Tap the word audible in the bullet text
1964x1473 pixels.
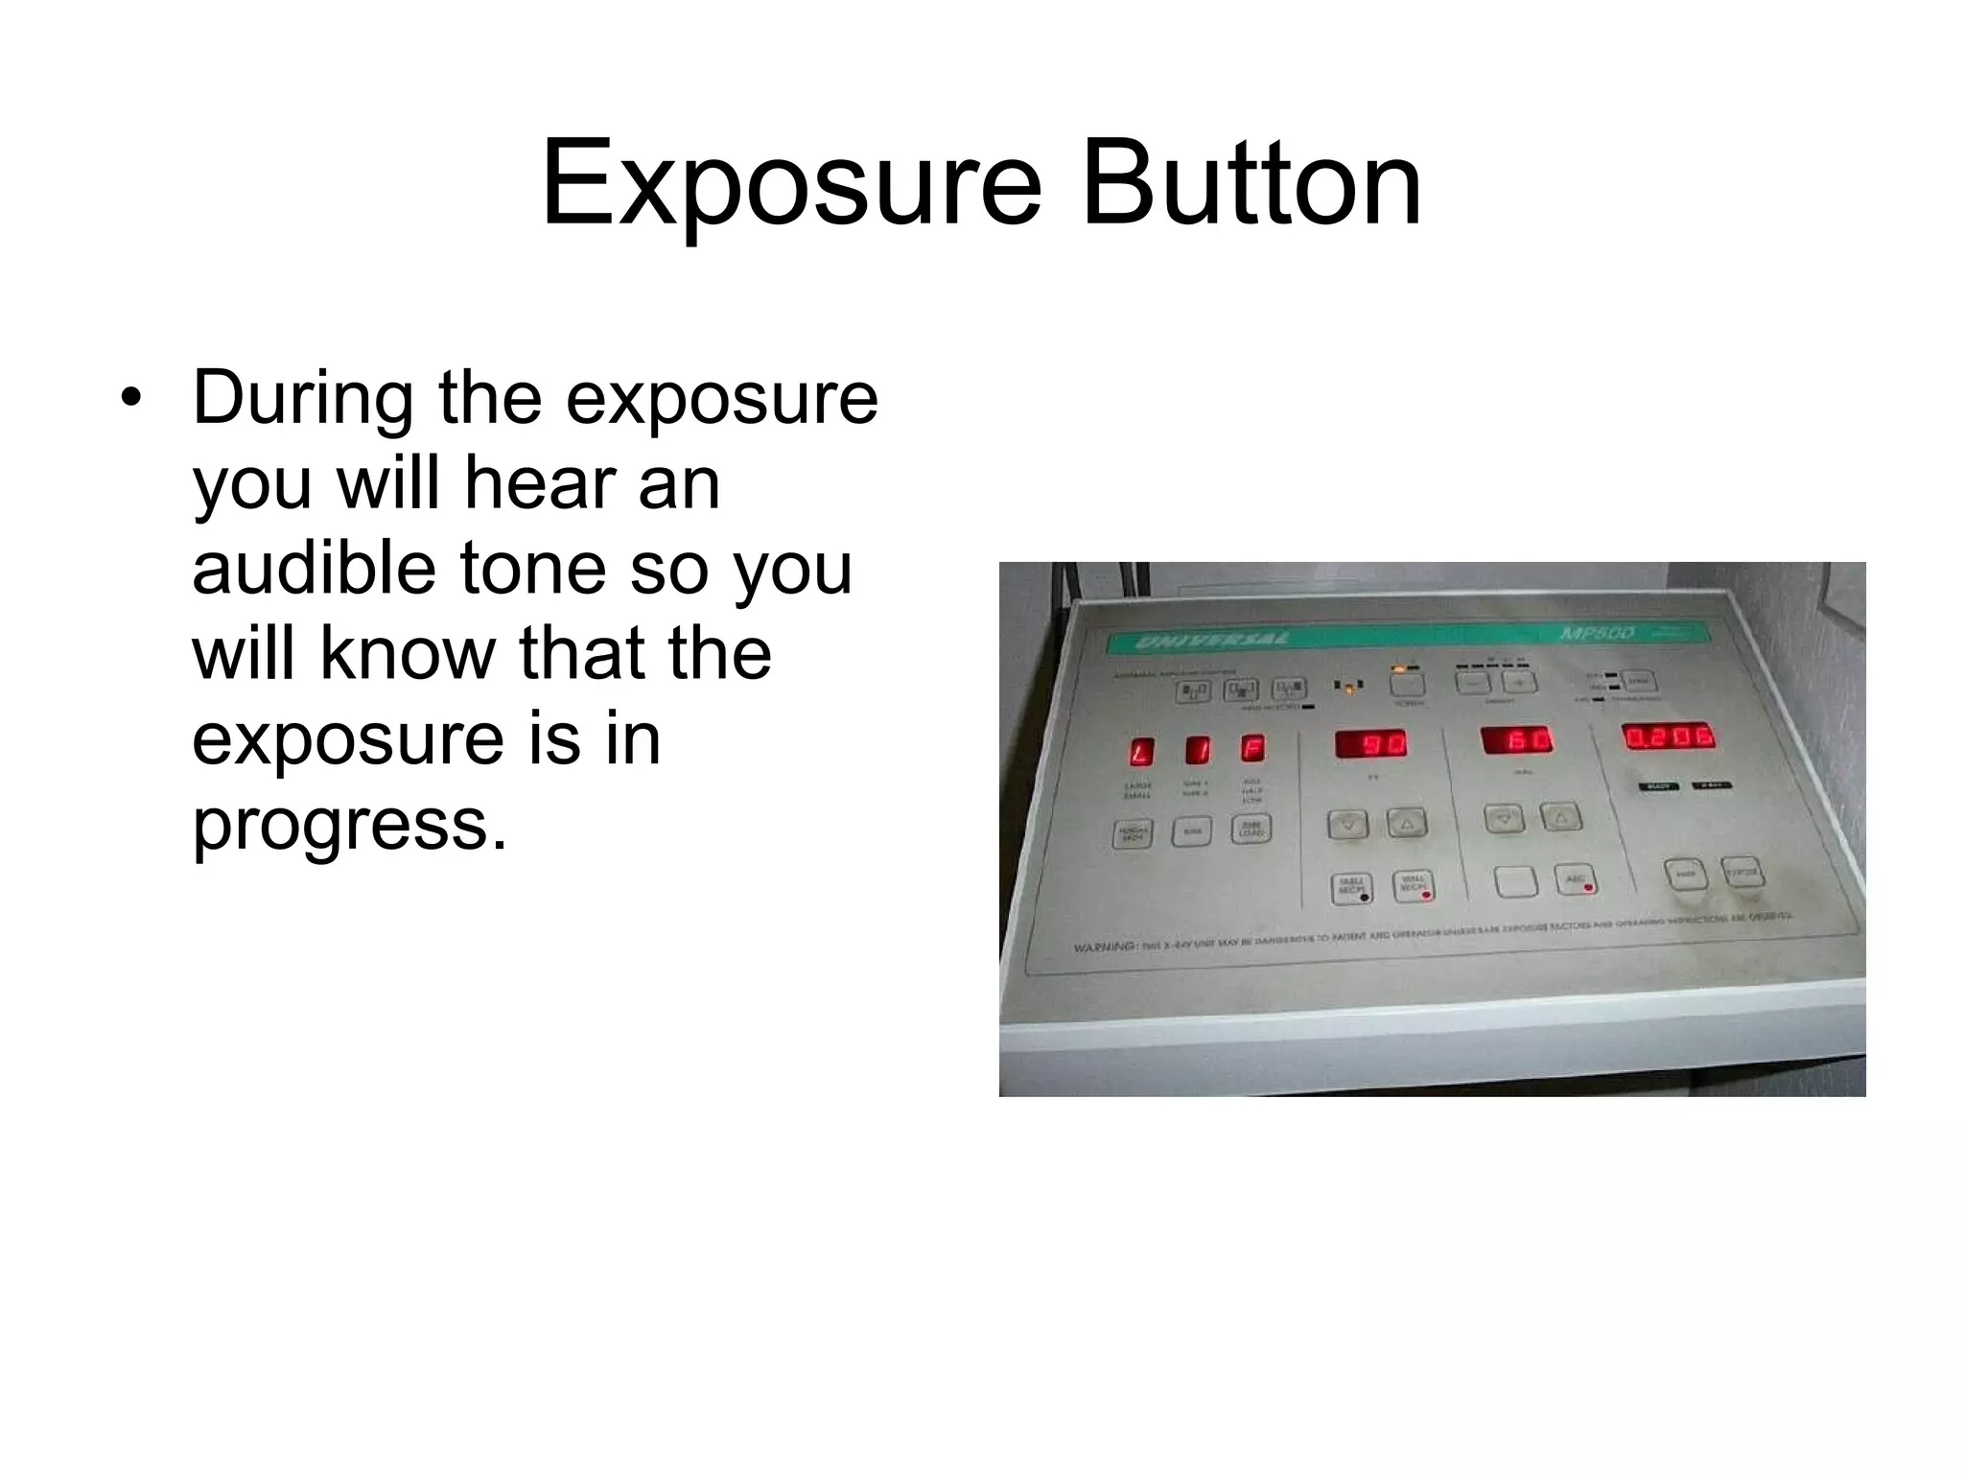(315, 567)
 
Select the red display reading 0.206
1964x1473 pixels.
(1668, 736)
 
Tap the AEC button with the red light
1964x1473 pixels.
(1575, 879)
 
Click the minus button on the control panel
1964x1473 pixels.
(1472, 683)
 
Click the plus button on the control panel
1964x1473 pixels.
(1518, 682)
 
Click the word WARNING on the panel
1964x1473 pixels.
(1105, 947)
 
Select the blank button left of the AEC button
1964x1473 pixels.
(1515, 880)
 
